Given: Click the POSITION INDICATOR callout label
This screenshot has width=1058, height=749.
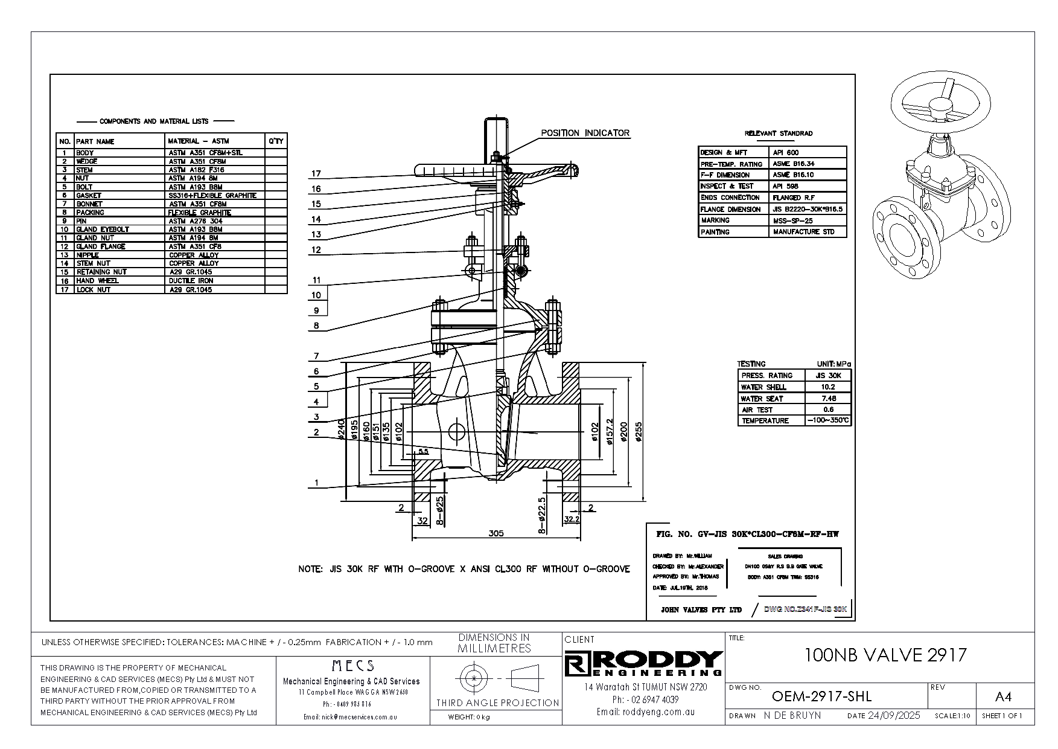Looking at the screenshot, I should tap(584, 133).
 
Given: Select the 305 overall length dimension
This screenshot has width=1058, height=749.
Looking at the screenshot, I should tap(496, 533).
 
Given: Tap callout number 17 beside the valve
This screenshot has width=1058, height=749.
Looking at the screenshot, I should tap(316, 174).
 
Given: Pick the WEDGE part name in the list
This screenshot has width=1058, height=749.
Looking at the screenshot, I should tap(86, 161).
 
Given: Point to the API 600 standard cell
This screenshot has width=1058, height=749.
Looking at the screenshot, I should tap(785, 153).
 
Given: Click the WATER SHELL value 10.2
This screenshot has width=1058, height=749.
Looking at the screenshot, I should tap(828, 387).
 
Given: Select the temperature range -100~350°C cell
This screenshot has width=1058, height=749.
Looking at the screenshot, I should tap(828, 420).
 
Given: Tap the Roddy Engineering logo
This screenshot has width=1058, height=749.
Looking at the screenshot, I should tap(644, 664).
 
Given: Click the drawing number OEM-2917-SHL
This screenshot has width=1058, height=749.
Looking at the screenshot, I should tap(821, 696).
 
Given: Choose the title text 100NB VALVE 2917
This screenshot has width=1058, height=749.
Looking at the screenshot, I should tap(885, 655).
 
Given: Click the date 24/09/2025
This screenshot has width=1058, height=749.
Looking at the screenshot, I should tap(893, 716).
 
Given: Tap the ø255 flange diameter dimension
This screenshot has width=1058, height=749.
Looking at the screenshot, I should tap(640, 431).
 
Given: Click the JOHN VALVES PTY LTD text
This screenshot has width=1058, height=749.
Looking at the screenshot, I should tap(701, 610).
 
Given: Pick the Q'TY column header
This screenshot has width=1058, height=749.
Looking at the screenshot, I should tap(276, 141).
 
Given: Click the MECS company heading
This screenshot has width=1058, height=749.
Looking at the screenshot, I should tap(353, 666).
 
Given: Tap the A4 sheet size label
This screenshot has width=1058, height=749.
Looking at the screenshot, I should tap(1002, 697).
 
